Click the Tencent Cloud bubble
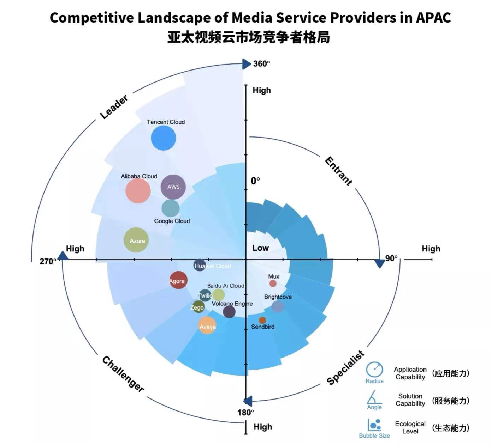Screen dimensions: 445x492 pos(164,138)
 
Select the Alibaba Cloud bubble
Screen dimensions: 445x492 pos(138,191)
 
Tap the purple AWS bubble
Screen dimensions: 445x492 pos(173,187)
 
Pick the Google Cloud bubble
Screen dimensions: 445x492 pos(171,208)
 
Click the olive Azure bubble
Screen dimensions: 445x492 pos(136,240)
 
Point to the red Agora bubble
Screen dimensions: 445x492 pos(178,280)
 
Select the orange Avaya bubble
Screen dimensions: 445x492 pos(207,326)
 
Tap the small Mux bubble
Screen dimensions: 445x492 pos(273,284)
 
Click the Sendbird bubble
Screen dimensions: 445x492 pos(262,320)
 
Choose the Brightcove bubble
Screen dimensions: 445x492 pos(278,306)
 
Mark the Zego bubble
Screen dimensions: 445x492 pos(198,307)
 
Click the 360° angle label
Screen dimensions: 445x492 pos(262,64)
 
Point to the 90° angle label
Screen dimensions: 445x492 pos(391,258)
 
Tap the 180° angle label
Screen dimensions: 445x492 pos(245,413)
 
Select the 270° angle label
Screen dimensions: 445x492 pos(48,261)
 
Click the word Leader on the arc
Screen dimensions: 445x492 pos(114,107)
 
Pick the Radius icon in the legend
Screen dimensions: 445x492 pos(374,370)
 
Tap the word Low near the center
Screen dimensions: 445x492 pos(260,248)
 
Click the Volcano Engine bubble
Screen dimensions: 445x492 pos(229,312)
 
